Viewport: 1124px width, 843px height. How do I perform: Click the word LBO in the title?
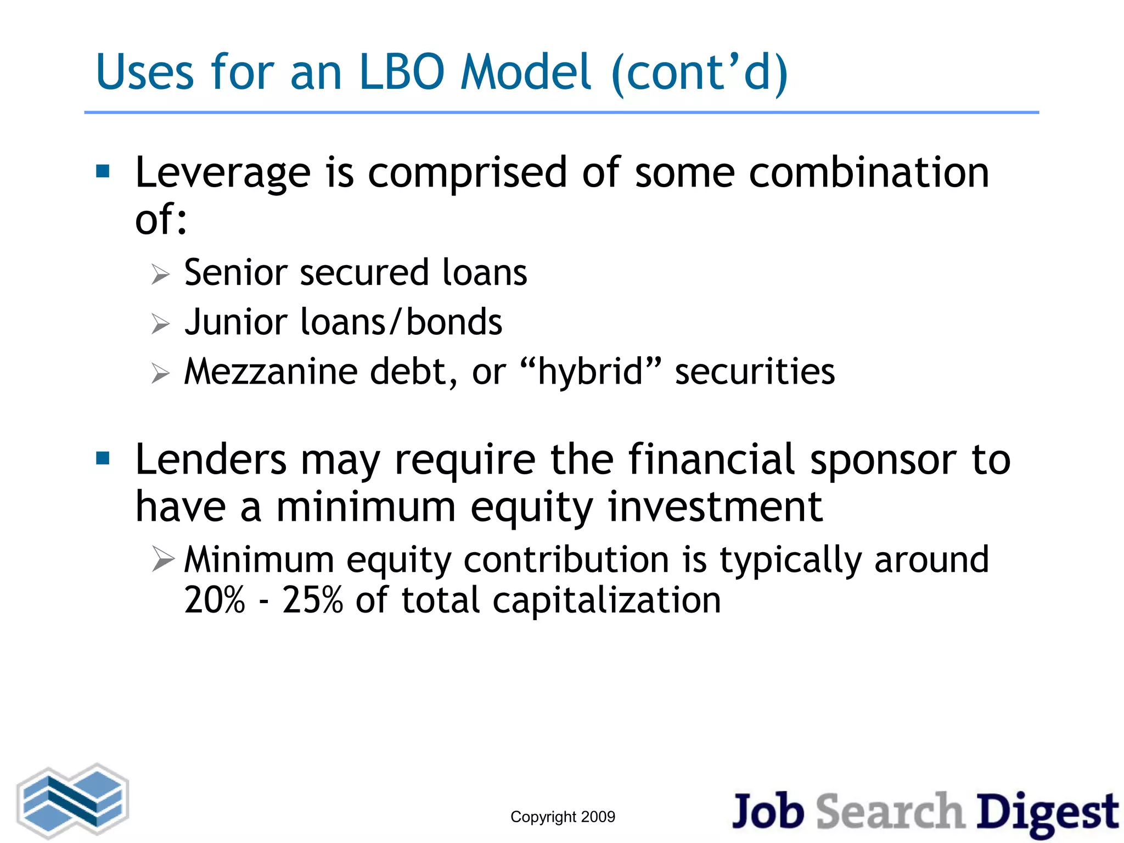401,72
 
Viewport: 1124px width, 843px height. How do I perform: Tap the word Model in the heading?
526,72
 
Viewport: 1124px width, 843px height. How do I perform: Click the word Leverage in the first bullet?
223,173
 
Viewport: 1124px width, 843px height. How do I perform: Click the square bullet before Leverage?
103,172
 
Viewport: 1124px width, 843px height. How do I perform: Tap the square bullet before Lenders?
103,458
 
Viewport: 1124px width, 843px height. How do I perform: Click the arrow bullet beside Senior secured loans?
160,274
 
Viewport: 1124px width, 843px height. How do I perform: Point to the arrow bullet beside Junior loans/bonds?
160,324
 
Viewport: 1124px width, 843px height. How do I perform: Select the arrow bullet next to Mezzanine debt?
160,374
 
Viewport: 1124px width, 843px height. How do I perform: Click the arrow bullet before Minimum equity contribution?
163,560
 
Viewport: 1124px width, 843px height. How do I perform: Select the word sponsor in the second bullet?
883,460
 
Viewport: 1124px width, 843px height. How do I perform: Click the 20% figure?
215,600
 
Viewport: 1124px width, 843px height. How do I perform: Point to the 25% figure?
312,600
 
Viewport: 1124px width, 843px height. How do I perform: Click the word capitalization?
606,601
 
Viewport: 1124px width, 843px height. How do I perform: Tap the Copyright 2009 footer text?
563,817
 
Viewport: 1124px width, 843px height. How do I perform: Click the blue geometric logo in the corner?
73,801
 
